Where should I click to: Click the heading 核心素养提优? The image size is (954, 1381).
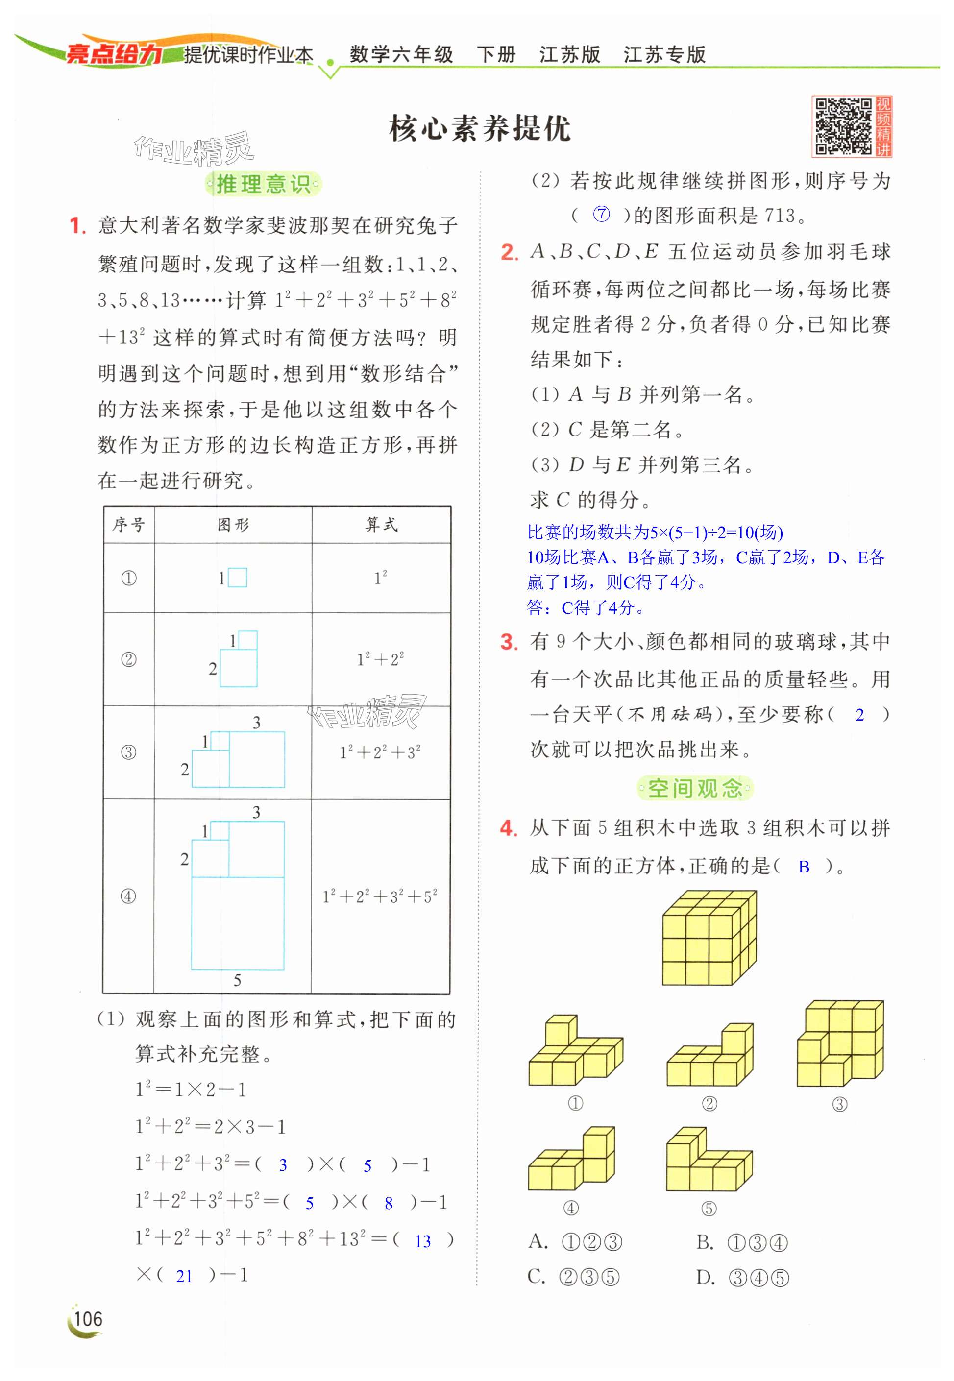(x=479, y=129)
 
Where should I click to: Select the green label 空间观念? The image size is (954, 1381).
(x=695, y=788)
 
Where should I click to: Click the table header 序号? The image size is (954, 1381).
(x=128, y=525)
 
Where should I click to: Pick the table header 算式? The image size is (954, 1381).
(x=381, y=525)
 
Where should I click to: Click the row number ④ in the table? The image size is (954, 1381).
(x=128, y=896)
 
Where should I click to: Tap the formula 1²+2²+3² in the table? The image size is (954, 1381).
(x=380, y=752)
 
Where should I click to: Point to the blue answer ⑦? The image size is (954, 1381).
(x=601, y=215)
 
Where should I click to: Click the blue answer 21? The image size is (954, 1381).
(x=184, y=1276)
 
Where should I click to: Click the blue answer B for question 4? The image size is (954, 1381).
(x=804, y=867)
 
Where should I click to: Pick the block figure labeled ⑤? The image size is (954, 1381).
(x=709, y=1161)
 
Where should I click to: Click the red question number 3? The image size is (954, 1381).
(x=509, y=642)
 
